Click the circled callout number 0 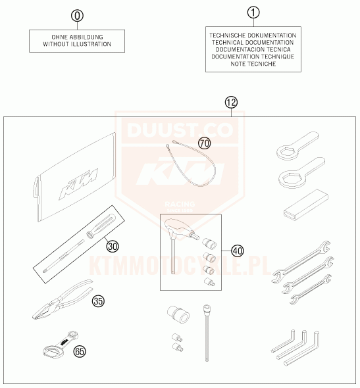(77, 16)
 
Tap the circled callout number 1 (253, 12)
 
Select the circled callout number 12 (231, 103)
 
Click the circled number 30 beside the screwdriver (113, 246)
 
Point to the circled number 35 (98, 301)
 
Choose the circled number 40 (238, 251)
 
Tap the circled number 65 (80, 351)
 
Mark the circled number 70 (205, 143)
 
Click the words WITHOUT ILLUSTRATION (77, 44)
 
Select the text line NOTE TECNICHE (253, 64)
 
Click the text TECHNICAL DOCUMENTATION (253, 43)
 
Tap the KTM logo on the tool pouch (78, 183)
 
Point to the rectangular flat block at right (306, 205)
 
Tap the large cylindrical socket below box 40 (178, 314)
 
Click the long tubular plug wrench (207, 333)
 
